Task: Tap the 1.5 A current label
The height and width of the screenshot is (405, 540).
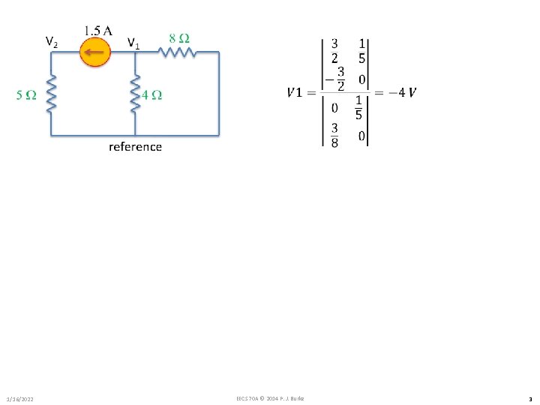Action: click(x=98, y=31)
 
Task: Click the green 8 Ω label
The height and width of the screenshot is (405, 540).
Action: click(x=178, y=37)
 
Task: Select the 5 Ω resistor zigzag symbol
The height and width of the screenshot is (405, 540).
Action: click(x=52, y=93)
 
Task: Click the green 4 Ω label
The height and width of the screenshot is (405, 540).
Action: click(x=152, y=95)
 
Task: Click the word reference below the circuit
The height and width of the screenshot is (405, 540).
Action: click(x=135, y=146)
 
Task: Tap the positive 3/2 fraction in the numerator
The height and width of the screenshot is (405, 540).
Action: click(x=334, y=51)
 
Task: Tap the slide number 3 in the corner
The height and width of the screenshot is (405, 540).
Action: click(x=529, y=398)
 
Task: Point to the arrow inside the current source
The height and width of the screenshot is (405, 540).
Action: click(x=94, y=52)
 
